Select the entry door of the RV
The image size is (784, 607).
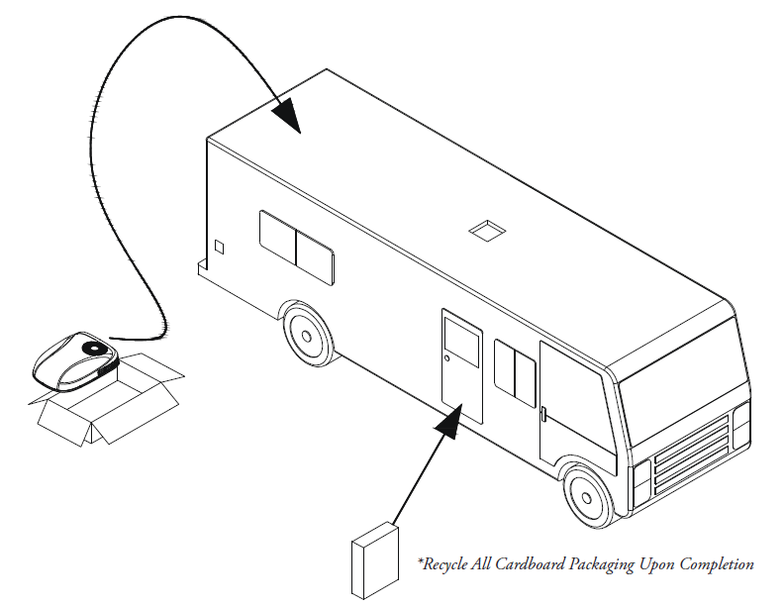[x=462, y=364]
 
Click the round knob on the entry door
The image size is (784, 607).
[x=448, y=357]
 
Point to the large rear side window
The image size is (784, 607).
[x=296, y=246]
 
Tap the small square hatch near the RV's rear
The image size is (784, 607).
[x=220, y=246]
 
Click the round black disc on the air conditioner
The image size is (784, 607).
[x=94, y=348]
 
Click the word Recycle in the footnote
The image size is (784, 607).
[x=446, y=564]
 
